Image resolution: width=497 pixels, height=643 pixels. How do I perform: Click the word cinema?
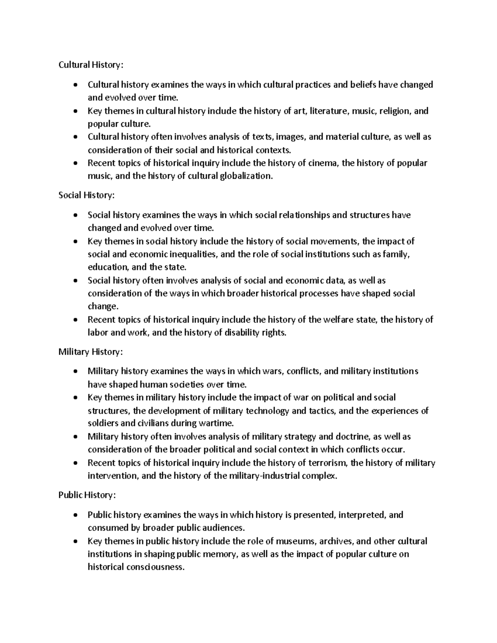click(x=324, y=163)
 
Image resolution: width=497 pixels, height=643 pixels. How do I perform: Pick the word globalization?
click(x=246, y=176)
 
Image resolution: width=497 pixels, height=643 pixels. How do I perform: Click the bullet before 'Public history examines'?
click(x=75, y=515)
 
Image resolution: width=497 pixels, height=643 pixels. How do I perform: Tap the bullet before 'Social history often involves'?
click(x=75, y=281)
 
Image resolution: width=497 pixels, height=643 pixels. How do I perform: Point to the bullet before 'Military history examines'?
click(x=75, y=372)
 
